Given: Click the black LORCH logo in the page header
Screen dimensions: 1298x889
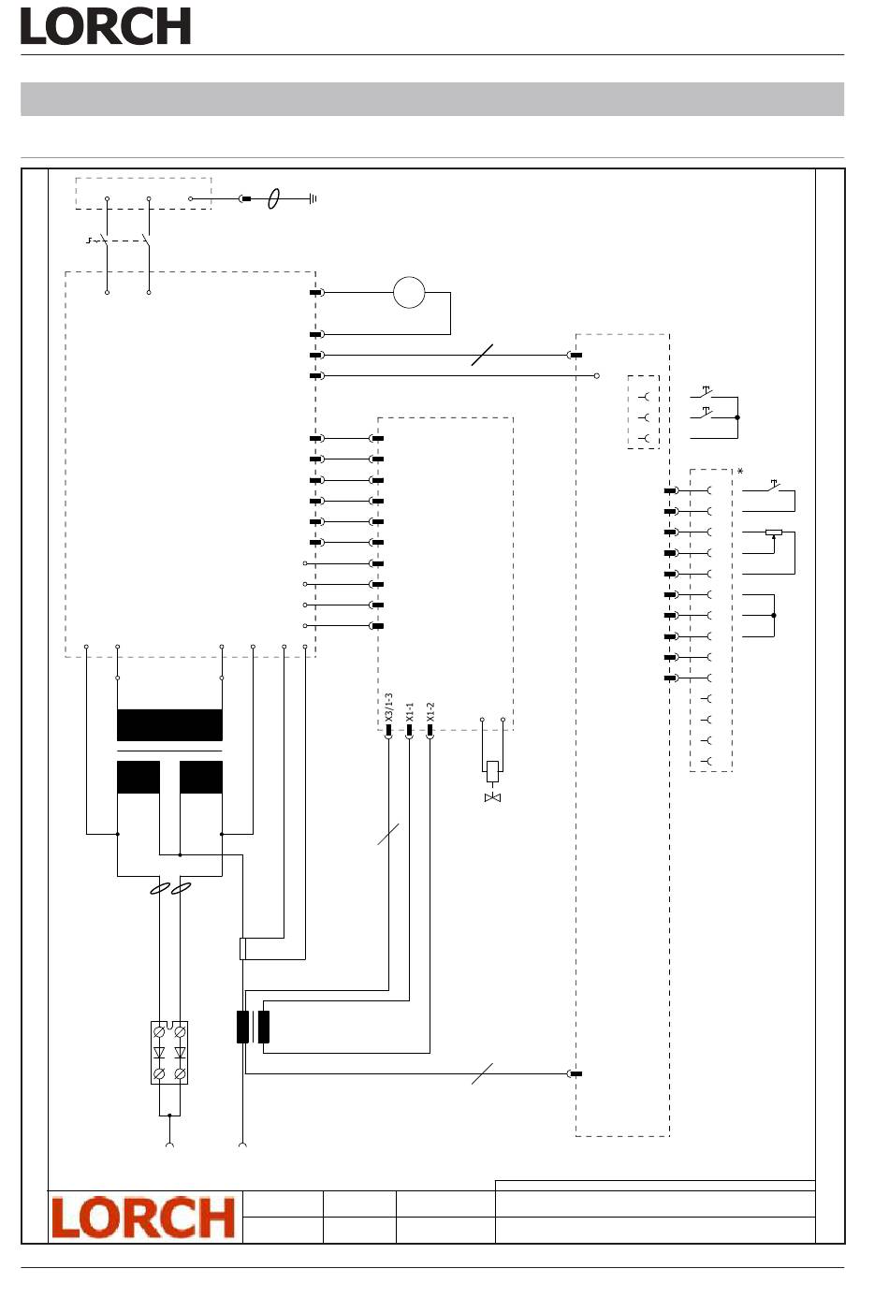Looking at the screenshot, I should pos(106,26).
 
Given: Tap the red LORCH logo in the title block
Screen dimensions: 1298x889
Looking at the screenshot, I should pos(143,1217).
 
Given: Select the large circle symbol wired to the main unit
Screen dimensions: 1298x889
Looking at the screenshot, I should pos(409,293).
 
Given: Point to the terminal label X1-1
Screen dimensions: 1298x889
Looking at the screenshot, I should pos(409,713).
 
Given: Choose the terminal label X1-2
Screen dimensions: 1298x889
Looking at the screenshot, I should pos(430,713).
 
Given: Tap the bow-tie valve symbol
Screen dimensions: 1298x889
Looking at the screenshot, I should pos(492,797).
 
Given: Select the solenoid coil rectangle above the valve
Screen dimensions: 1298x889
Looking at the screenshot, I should pos(492,771).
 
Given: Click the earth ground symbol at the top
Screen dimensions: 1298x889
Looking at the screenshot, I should pos(313,198).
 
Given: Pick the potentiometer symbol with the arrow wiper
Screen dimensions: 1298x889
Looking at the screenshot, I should pos(773,533).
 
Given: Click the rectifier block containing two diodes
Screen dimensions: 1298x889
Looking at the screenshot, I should pos(169,1052).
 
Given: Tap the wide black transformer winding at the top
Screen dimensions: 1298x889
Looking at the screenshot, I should pos(169,725).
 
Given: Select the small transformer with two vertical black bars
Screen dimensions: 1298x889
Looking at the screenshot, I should pos(253,1027).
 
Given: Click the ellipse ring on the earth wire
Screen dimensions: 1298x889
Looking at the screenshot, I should pos(273,198).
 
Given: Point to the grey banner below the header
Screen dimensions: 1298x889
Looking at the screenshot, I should pos(432,99).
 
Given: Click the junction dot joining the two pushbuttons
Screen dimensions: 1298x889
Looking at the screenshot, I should pos(737,417).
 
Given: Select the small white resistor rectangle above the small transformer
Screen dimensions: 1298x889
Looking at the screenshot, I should pos(243,948).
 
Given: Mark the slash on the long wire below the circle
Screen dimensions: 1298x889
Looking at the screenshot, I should pos(482,356).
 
